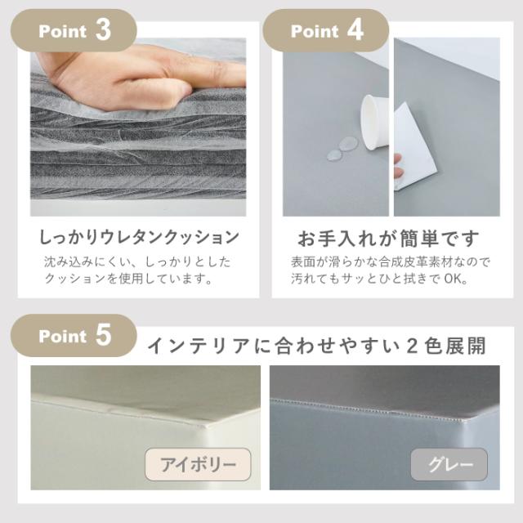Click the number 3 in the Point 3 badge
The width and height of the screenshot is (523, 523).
pyautogui.click(x=102, y=30)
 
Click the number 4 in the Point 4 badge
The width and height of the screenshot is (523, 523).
pyautogui.click(x=355, y=30)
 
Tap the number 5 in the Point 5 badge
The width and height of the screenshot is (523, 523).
pyautogui.click(x=102, y=336)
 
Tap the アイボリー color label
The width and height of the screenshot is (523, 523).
pyautogui.click(x=198, y=465)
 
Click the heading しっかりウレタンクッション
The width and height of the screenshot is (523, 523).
pyautogui.click(x=140, y=238)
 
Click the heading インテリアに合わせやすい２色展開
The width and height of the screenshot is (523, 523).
pyautogui.click(x=316, y=346)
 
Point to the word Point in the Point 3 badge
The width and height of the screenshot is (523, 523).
pyautogui.click(x=63, y=32)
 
